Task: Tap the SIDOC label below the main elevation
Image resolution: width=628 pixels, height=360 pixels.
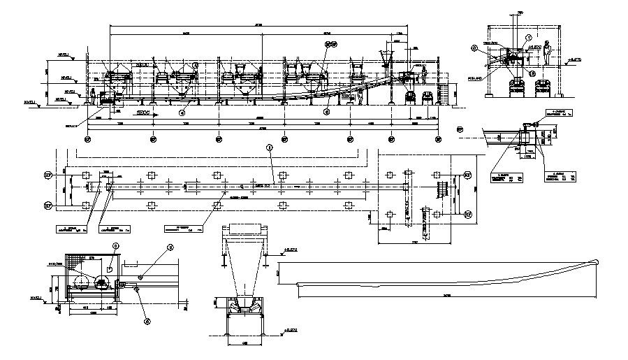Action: (x=145, y=111)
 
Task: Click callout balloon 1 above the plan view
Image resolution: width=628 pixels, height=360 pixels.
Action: (x=269, y=147)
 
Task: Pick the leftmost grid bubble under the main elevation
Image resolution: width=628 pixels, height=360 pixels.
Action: (x=87, y=139)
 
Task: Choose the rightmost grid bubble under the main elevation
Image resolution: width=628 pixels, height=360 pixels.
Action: (x=438, y=139)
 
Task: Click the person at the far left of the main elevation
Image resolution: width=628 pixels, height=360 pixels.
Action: (x=92, y=96)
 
